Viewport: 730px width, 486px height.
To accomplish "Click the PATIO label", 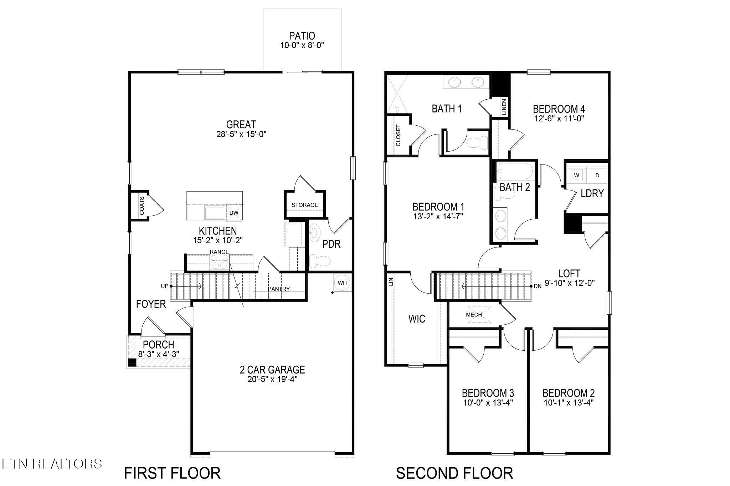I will click(x=302, y=36).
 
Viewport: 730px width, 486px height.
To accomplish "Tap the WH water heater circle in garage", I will click(x=342, y=283).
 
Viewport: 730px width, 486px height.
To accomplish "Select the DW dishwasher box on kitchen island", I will click(x=234, y=213).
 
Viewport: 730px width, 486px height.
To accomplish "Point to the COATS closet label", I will click(x=142, y=206).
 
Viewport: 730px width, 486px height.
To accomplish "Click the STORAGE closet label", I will click(x=304, y=205).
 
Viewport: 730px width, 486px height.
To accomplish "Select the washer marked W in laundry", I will click(x=576, y=175).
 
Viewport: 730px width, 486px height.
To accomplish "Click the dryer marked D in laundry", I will click(x=597, y=175).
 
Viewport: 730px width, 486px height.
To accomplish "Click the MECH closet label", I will click(x=474, y=314).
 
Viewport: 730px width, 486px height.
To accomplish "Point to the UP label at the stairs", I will click(x=164, y=286).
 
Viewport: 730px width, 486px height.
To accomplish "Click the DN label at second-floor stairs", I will click(x=538, y=286).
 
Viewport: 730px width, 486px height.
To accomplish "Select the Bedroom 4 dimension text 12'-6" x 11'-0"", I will click(x=559, y=119).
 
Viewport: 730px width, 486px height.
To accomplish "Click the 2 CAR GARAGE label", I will click(x=272, y=370).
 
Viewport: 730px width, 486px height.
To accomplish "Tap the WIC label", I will click(x=417, y=319).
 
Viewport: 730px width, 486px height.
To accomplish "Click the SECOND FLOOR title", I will click(x=454, y=473).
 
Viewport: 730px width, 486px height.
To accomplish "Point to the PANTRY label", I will click(x=279, y=289).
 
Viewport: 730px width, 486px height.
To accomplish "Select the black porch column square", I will click(x=132, y=362).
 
